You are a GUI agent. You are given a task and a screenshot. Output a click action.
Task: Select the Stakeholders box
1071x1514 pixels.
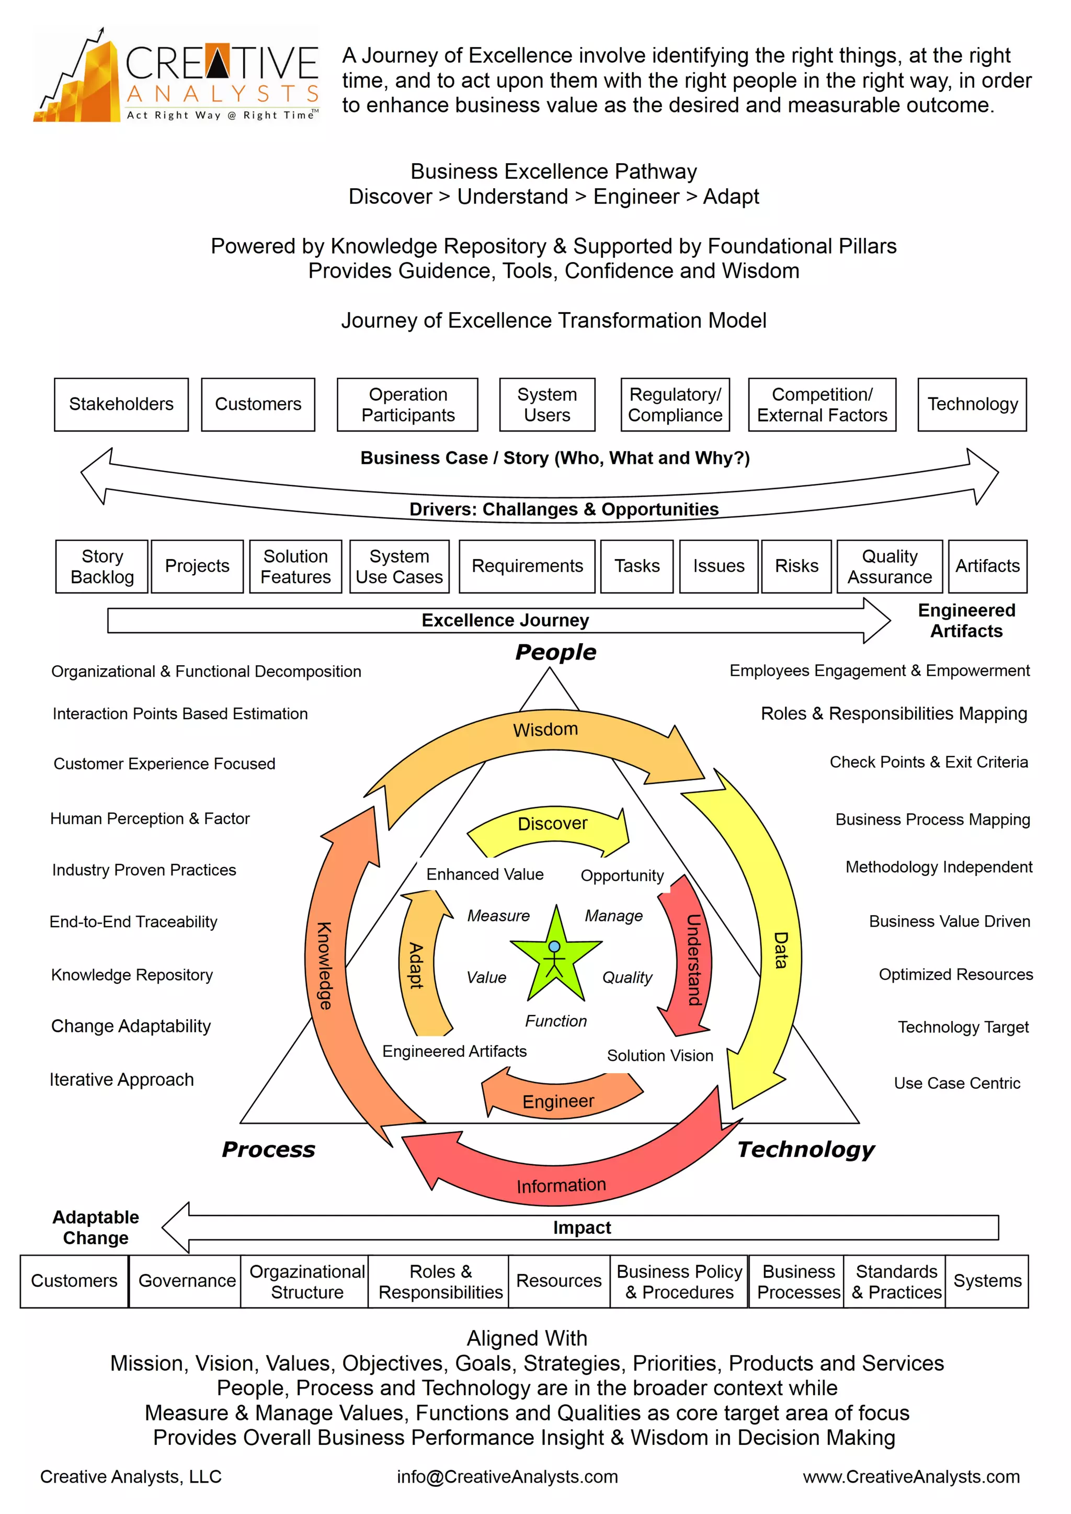click(121, 404)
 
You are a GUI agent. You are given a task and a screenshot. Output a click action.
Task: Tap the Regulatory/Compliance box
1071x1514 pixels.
click(675, 404)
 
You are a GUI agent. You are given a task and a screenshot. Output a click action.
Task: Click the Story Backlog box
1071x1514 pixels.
click(102, 566)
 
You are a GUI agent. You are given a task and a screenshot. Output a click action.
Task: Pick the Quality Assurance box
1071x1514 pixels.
click(889, 566)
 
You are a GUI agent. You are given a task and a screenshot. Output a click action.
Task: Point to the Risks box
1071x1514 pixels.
click(796, 566)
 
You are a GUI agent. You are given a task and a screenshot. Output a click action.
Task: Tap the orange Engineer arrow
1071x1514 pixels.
click(559, 1100)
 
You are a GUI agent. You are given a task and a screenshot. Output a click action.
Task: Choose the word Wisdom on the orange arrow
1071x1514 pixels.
click(545, 730)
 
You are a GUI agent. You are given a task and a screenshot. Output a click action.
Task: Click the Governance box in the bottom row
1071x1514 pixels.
click(187, 1281)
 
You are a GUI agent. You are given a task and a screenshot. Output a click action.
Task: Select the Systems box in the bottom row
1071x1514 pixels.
click(987, 1281)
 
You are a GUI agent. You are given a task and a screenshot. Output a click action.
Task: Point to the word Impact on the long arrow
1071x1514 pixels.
click(582, 1227)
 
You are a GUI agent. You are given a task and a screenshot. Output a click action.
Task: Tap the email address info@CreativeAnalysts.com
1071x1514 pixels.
click(507, 1476)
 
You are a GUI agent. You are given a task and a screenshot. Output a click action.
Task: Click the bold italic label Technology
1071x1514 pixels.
click(805, 1149)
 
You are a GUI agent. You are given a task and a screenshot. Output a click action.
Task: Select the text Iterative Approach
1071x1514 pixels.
click(122, 1079)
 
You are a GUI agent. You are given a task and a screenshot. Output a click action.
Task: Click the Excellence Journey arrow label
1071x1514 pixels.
click(505, 620)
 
